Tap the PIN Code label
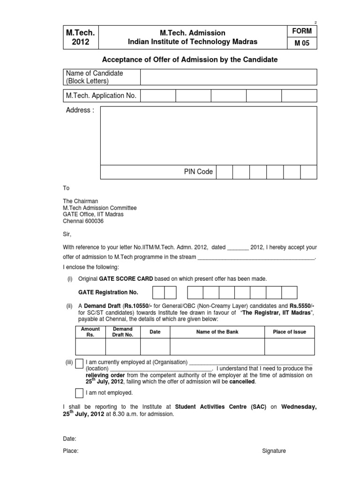point(198,172)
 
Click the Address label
point(80,110)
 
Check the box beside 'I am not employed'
point(80,393)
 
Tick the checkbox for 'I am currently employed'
point(80,363)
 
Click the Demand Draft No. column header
point(123,332)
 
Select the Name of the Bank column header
point(217,332)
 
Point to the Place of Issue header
point(289,332)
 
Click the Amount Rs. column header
point(90,332)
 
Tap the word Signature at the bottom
point(274,451)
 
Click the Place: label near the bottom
point(71,451)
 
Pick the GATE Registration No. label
point(108,292)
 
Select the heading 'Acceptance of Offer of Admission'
point(190,60)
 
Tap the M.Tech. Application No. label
point(101,96)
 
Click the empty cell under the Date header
point(155,346)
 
